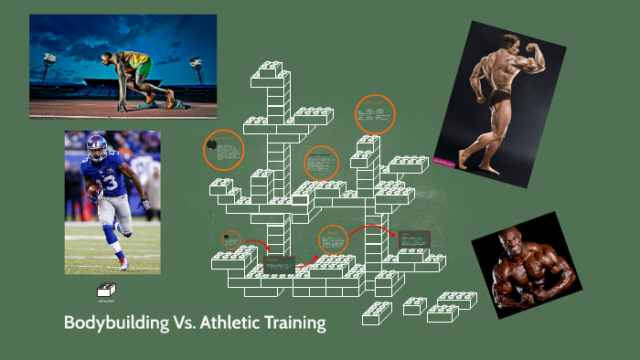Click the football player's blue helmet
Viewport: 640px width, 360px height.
tap(96, 145)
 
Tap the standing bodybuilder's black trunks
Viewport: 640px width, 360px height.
tap(497, 96)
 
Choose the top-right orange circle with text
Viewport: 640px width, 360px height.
tap(375, 114)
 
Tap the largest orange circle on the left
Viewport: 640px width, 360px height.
tap(224, 151)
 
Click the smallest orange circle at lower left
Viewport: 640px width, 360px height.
tap(231, 239)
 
